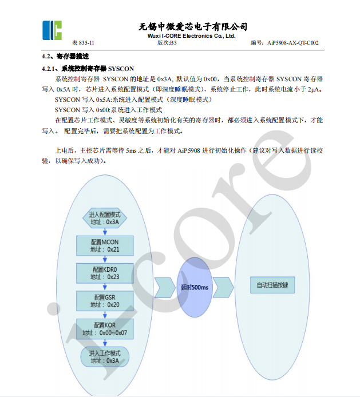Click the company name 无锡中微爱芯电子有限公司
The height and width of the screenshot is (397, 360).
pyautogui.click(x=193, y=26)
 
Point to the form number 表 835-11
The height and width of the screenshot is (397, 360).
pyautogui.click(x=83, y=43)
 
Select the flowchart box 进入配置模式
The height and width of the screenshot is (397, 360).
pyautogui.click(x=105, y=218)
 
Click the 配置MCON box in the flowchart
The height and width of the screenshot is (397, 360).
pyautogui.click(x=105, y=245)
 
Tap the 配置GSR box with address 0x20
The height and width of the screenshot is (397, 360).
pyautogui.click(x=105, y=301)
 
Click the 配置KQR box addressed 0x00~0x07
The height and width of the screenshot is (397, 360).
pyautogui.click(x=105, y=328)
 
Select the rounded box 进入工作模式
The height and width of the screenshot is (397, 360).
pyautogui.click(x=105, y=356)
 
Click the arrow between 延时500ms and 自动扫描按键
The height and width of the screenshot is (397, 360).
pyautogui.click(x=224, y=286)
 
